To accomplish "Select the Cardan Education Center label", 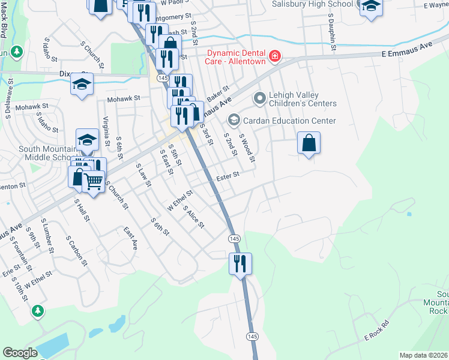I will pos(289,121).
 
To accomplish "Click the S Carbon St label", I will pos(76,250).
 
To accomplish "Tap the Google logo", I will pos(20,353).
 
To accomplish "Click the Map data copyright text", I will pos(423,355).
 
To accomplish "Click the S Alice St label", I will pos(194,217).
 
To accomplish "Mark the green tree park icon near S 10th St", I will pos(38,311).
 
